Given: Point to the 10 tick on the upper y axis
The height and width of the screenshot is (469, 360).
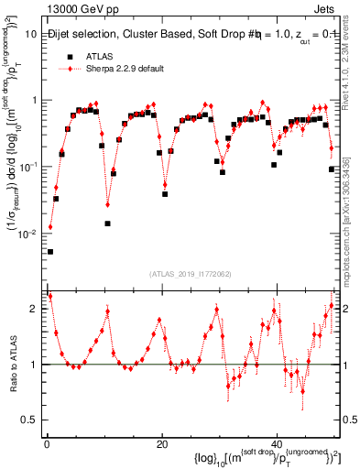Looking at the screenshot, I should point(31,34).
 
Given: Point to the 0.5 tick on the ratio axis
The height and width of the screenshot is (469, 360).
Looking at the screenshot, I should point(31,420).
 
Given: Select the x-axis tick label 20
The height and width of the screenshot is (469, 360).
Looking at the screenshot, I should point(162,443).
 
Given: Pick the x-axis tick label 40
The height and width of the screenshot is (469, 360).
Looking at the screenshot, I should point(278,443).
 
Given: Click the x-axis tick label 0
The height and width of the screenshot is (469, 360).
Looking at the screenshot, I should point(47,443).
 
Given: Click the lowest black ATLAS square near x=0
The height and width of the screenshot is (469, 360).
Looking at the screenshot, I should point(50,251).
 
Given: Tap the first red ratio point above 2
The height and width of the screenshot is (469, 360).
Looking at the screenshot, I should point(49,296).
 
